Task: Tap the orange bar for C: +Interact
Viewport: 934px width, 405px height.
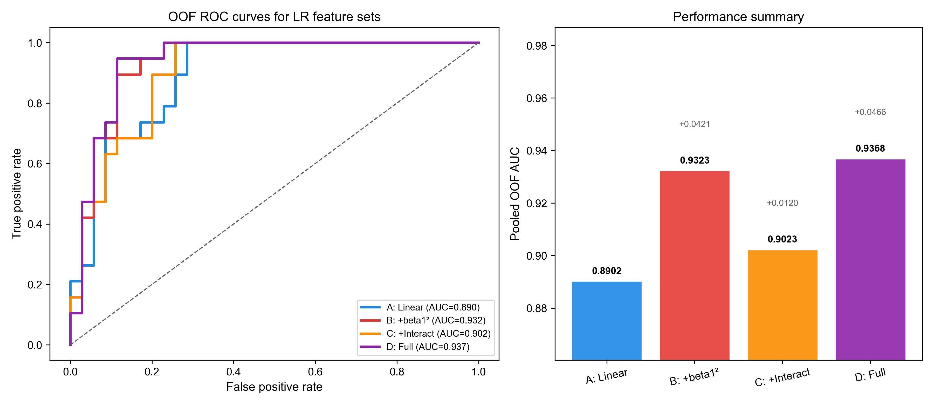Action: pos(782,305)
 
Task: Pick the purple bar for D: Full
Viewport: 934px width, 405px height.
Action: pos(870,259)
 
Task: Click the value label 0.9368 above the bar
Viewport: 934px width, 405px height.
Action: pos(870,148)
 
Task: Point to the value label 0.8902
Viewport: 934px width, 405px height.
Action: pos(607,271)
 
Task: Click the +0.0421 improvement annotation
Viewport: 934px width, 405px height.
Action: pos(694,124)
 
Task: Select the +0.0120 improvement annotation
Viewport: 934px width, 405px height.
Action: pos(782,203)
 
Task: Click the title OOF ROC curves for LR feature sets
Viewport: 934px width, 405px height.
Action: pos(274,17)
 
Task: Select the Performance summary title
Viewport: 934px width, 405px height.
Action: pos(738,17)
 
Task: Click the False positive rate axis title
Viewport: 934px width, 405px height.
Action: pos(274,387)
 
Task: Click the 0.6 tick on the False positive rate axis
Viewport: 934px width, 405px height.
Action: pos(315,372)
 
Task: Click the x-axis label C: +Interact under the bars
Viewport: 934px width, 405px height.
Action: pos(782,377)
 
